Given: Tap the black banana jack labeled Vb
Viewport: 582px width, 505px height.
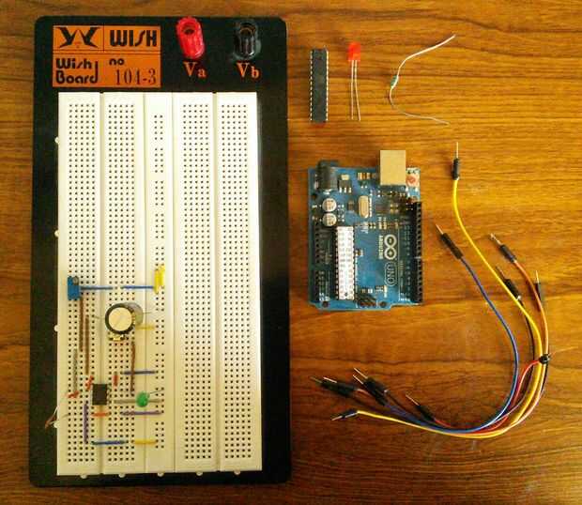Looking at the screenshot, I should pos(249,38).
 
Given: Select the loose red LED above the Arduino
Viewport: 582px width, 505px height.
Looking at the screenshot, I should pos(353,54).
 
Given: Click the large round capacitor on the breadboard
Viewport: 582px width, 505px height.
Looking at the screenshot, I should pos(121,319).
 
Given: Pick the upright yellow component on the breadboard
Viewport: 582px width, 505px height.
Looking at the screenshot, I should pos(161,276).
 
